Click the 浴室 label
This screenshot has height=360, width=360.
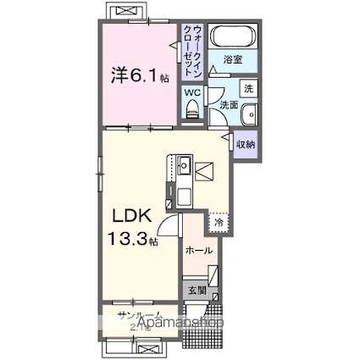pyautogui.click(x=234, y=60)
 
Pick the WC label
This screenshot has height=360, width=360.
pyautogui.click(x=192, y=91)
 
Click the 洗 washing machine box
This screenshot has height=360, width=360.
pyautogui.click(x=247, y=88)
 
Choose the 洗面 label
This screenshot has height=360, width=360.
pyautogui.click(x=229, y=105)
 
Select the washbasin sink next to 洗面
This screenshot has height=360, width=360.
pyautogui.click(x=249, y=117)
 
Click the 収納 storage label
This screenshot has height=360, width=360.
pyautogui.click(x=246, y=145)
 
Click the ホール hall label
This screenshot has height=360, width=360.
pyautogui.click(x=199, y=251)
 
